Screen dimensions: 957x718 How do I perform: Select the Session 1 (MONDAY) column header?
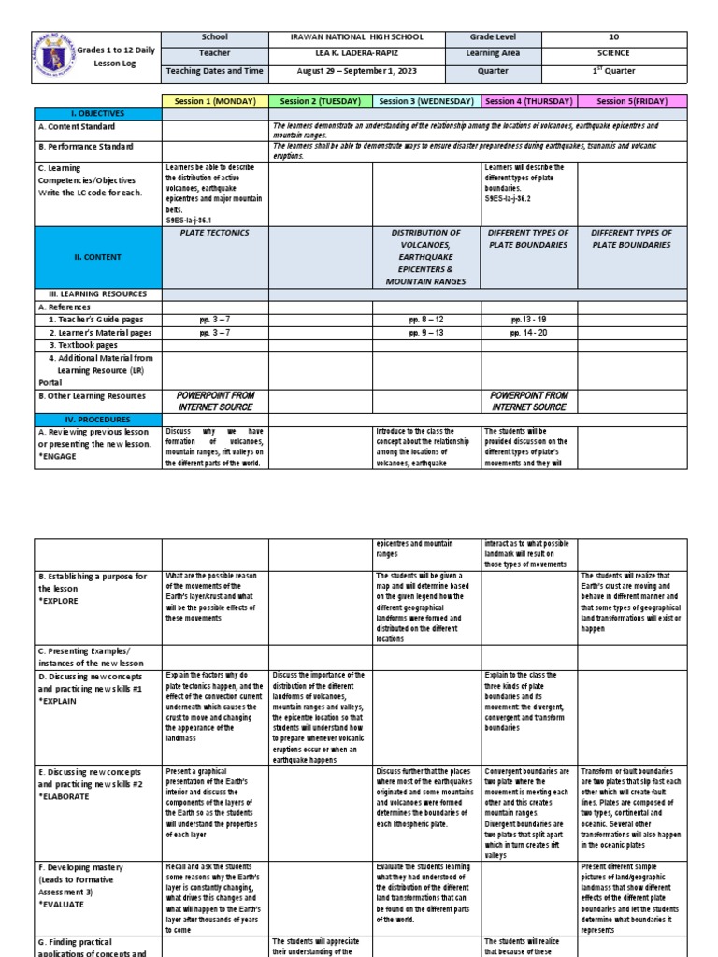tap(215, 101)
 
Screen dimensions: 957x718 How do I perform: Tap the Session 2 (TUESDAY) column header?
tap(321, 101)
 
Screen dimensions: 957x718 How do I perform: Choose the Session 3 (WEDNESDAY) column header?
tap(427, 101)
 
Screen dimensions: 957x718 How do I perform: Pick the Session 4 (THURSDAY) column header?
tap(530, 101)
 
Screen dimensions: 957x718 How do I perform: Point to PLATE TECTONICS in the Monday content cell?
tap(215, 233)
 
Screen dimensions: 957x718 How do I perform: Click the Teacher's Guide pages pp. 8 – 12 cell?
tap(427, 319)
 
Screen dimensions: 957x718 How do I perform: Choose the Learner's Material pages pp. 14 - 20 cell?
tap(530, 332)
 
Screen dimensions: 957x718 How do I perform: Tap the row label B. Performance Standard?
tap(86, 147)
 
